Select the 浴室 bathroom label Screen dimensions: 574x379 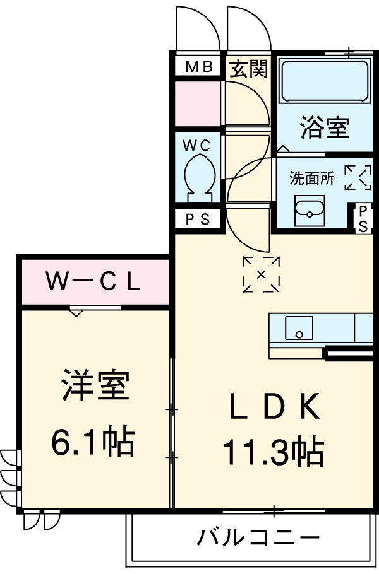pyautogui.click(x=324, y=129)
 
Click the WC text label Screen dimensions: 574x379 pyautogui.click(x=197, y=146)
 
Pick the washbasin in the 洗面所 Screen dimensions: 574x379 pyautogui.click(x=310, y=209)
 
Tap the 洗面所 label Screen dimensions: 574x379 pyautogui.click(x=311, y=179)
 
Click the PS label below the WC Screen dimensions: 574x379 pyautogui.click(x=198, y=219)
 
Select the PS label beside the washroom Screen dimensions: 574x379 pyautogui.click(x=364, y=218)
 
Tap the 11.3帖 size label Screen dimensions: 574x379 pyautogui.click(x=273, y=452)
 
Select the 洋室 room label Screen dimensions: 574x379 pyautogui.click(x=95, y=386)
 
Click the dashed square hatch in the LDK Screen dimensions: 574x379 pyautogui.click(x=261, y=274)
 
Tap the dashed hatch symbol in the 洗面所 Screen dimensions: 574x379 pyautogui.click(x=358, y=177)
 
